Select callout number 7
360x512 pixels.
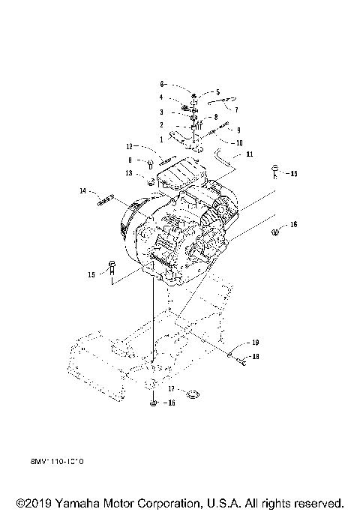(236, 109)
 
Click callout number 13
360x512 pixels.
(129, 173)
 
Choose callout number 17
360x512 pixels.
(172, 389)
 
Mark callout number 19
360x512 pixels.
(255, 343)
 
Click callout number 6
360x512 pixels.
(160, 85)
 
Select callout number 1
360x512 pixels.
(160, 139)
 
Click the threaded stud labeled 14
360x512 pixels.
(106, 198)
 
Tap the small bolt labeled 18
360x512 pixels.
(243, 361)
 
